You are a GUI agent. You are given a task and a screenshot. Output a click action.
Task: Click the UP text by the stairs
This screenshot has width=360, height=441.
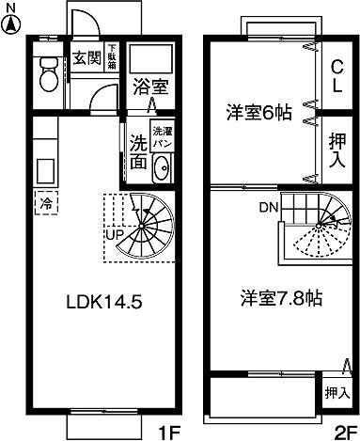pos(116,233)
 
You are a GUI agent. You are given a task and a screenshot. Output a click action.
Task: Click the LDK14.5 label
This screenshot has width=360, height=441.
pos(103,303)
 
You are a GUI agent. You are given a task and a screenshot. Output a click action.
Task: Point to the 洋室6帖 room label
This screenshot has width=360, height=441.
pos(258,113)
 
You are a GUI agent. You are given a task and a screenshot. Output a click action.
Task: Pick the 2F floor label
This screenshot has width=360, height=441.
pos(341,432)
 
